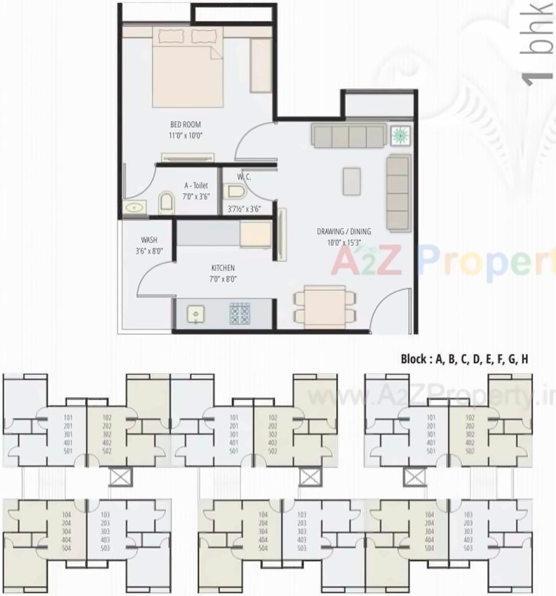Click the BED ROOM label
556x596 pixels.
click(x=185, y=124)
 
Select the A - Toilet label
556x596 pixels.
click(x=196, y=185)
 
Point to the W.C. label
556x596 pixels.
click(x=244, y=177)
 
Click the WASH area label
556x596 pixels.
click(x=149, y=240)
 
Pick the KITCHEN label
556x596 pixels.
click(x=223, y=268)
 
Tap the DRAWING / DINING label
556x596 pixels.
click(x=344, y=231)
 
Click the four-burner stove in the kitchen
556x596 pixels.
click(x=239, y=313)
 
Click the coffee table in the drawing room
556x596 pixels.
click(x=352, y=181)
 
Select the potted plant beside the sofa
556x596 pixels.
click(x=400, y=135)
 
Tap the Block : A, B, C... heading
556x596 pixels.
click(x=464, y=359)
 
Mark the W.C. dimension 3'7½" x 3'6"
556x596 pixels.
click(x=244, y=209)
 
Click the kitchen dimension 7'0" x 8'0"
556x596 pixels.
click(x=223, y=279)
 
